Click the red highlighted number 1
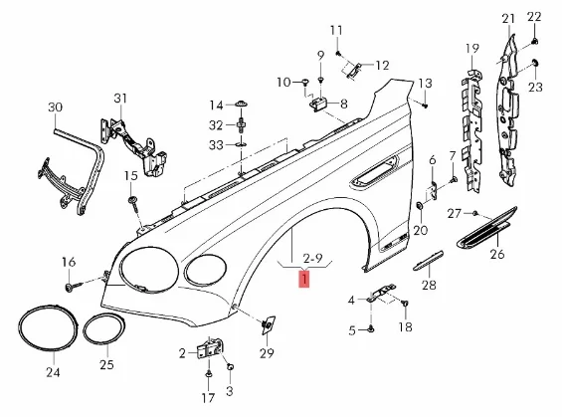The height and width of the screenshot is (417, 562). click(x=304, y=281)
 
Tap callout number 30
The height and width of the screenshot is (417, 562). click(x=55, y=106)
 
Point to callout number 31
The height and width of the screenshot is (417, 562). click(x=120, y=98)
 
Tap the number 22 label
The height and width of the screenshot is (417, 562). click(x=533, y=17)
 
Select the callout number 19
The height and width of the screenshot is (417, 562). click(x=472, y=48)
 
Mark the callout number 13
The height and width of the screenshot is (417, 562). click(x=425, y=83)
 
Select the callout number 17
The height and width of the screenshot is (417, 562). click(x=208, y=398)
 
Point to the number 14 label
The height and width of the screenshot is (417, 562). click(x=216, y=104)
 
